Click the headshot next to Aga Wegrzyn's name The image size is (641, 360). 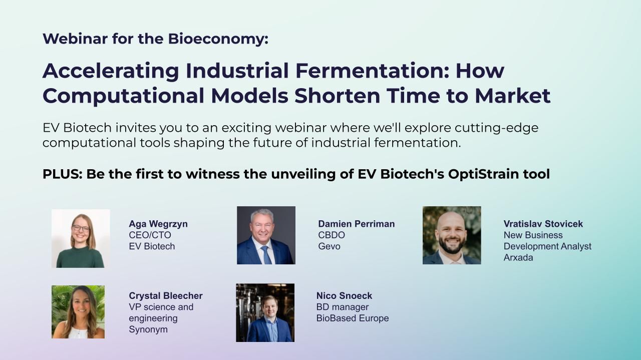coord(81,239)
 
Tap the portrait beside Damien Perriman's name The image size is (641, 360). coord(266,235)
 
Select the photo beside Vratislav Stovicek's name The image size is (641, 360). coord(452,235)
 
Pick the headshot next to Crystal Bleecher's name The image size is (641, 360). coord(78,312)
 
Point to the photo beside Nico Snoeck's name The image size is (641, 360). coord(265,313)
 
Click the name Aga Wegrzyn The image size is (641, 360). coord(158,224)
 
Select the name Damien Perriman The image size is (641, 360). coord(356,224)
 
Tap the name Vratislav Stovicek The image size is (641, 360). coord(543,224)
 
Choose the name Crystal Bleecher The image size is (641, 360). coord(166,295)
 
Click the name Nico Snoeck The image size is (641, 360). coord(344,295)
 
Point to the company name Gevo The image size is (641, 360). coord(329,246)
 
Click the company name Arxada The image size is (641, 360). coord(518,257)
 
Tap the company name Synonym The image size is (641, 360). coord(148,329)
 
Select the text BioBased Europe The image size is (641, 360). coord(353,318)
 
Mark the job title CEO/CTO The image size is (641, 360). coord(150,235)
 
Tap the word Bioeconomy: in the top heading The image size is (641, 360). coord(218,39)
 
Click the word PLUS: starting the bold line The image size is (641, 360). coord(63,174)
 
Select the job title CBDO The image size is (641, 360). coord(332,235)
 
